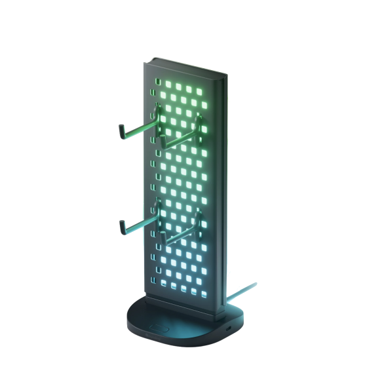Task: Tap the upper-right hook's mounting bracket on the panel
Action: click(x=198, y=122)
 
